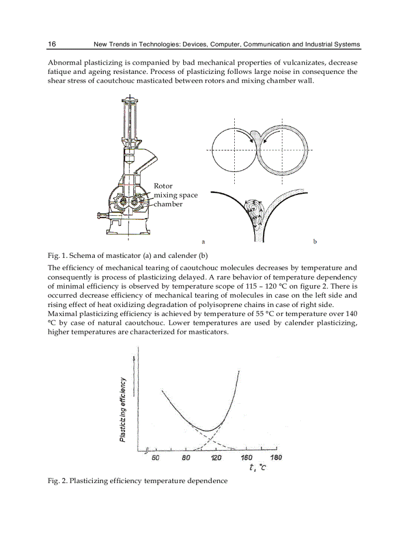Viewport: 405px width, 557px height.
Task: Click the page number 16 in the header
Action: pyautogui.click(x=52, y=44)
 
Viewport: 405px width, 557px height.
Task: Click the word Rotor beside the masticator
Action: pyautogui.click(x=163, y=186)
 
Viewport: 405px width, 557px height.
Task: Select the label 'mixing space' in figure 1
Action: pyautogui.click(x=176, y=195)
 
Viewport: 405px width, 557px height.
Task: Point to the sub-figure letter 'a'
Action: pyautogui.click(x=203, y=242)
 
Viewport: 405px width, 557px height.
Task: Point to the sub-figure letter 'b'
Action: pyautogui.click(x=315, y=242)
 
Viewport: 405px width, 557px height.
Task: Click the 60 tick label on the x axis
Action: pyautogui.click(x=155, y=457)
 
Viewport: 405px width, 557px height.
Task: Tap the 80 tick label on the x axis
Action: pyautogui.click(x=186, y=457)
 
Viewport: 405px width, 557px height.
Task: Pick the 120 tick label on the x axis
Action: pyautogui.click(x=216, y=457)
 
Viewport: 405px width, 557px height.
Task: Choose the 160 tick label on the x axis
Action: pyautogui.click(x=247, y=457)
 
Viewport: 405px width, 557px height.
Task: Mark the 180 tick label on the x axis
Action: pyautogui.click(x=276, y=457)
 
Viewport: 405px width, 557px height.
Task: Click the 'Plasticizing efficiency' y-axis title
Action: pyautogui.click(x=123, y=410)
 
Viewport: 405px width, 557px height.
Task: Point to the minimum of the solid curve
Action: pyautogui.click(x=207, y=430)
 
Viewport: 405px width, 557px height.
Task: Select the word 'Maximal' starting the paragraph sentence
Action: pyautogui.click(x=62, y=313)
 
